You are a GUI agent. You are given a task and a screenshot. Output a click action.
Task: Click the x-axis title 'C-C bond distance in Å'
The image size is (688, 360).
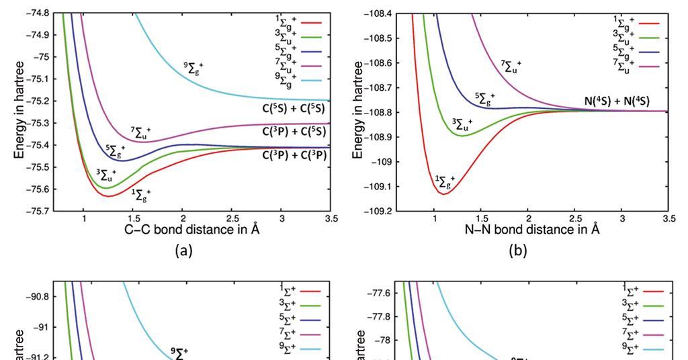193,230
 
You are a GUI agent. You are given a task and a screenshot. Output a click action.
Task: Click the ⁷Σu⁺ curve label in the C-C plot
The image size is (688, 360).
140,131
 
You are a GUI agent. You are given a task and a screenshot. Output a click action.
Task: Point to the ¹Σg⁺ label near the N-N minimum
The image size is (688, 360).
445,180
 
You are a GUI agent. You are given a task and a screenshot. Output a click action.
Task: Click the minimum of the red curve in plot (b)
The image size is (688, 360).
443,193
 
